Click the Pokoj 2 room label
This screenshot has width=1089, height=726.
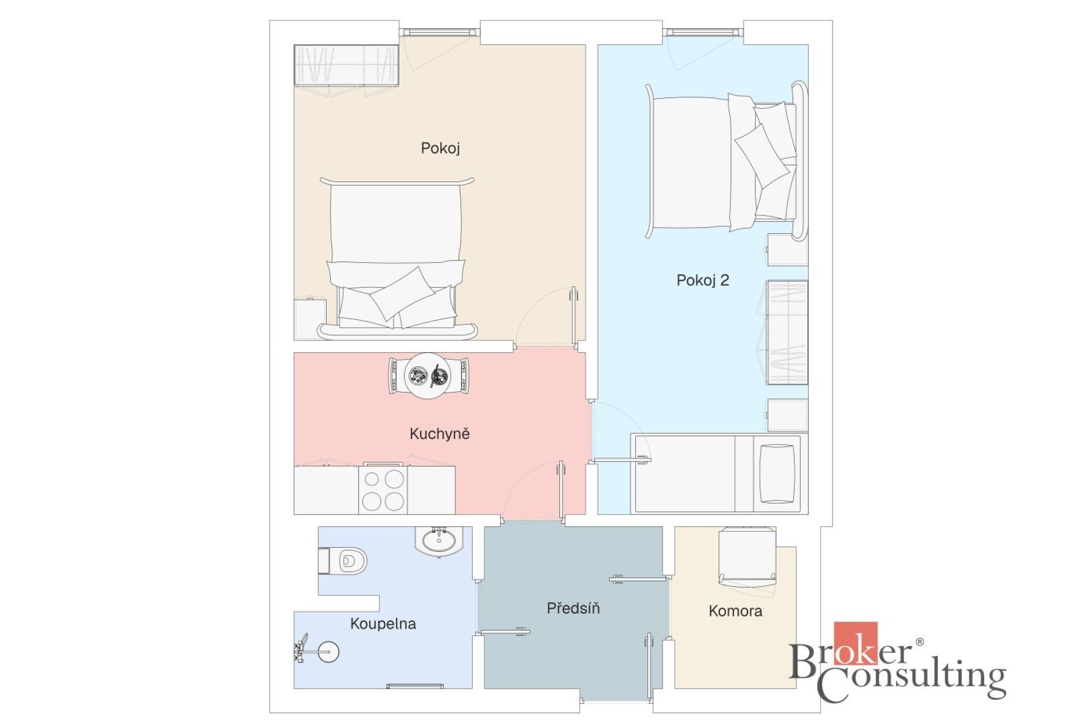click(702, 280)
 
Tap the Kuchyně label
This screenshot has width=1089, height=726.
click(440, 434)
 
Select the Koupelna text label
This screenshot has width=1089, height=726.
click(383, 624)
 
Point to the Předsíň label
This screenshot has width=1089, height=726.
click(573, 608)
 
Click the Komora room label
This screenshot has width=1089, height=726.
click(735, 611)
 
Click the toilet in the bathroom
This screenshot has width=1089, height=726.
click(343, 561)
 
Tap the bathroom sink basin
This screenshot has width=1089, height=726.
click(439, 541)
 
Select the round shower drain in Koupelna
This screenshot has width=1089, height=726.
click(328, 651)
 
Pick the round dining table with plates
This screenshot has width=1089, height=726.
click(428, 375)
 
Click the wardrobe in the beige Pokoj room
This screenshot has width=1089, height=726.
click(346, 65)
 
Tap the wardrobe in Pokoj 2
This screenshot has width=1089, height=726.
click(787, 332)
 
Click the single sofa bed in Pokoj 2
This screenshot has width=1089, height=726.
click(719, 474)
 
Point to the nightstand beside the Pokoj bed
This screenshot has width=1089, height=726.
click(310, 319)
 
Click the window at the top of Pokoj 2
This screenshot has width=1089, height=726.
click(703, 32)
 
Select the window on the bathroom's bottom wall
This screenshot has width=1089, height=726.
click(407, 686)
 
